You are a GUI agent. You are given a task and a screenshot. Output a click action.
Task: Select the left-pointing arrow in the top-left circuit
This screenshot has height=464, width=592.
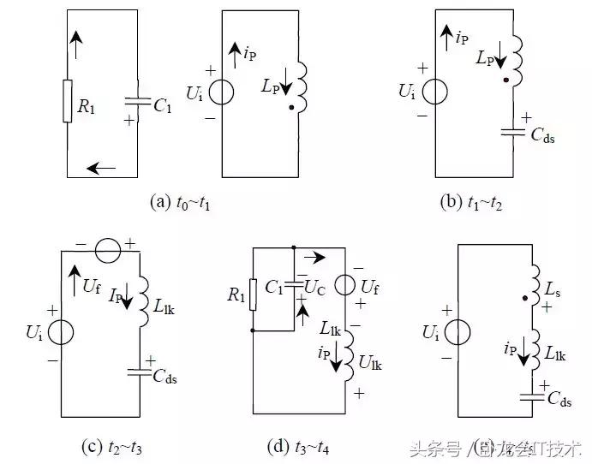click(101, 168)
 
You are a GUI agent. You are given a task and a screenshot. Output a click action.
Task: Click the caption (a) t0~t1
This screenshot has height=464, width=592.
click(181, 202)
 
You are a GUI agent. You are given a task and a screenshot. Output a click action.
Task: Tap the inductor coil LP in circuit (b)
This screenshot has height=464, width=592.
click(518, 60)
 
